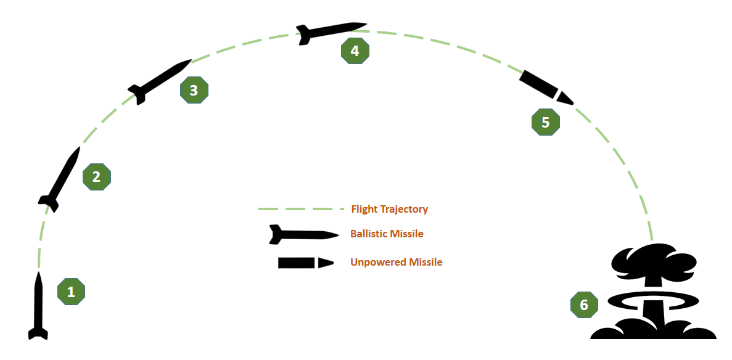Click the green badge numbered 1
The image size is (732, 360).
point(71,292)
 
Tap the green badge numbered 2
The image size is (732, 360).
point(97,177)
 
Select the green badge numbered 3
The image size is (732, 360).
point(194,90)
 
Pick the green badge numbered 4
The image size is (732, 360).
point(355,51)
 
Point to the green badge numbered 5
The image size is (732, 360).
point(545,122)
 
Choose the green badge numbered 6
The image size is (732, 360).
point(584,305)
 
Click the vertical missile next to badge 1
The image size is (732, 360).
point(38,306)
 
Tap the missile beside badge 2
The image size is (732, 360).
point(60,179)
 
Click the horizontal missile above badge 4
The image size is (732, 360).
point(330,31)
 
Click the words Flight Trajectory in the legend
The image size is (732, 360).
point(390,209)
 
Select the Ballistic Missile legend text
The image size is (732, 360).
point(387,234)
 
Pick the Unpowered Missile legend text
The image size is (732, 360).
point(397,262)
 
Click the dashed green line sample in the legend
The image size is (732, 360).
point(300,210)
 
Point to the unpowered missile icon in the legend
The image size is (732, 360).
point(305,263)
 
